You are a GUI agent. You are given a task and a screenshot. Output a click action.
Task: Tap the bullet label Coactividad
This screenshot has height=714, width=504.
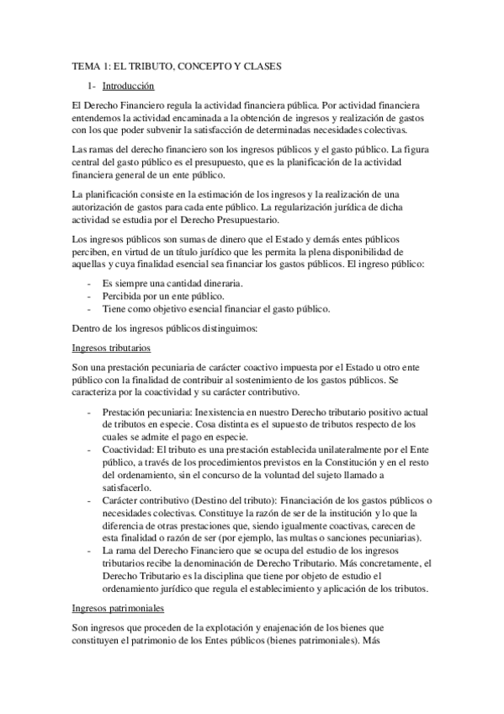coord(128,450)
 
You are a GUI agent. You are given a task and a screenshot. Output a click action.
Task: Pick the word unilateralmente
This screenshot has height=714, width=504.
coord(322,450)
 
